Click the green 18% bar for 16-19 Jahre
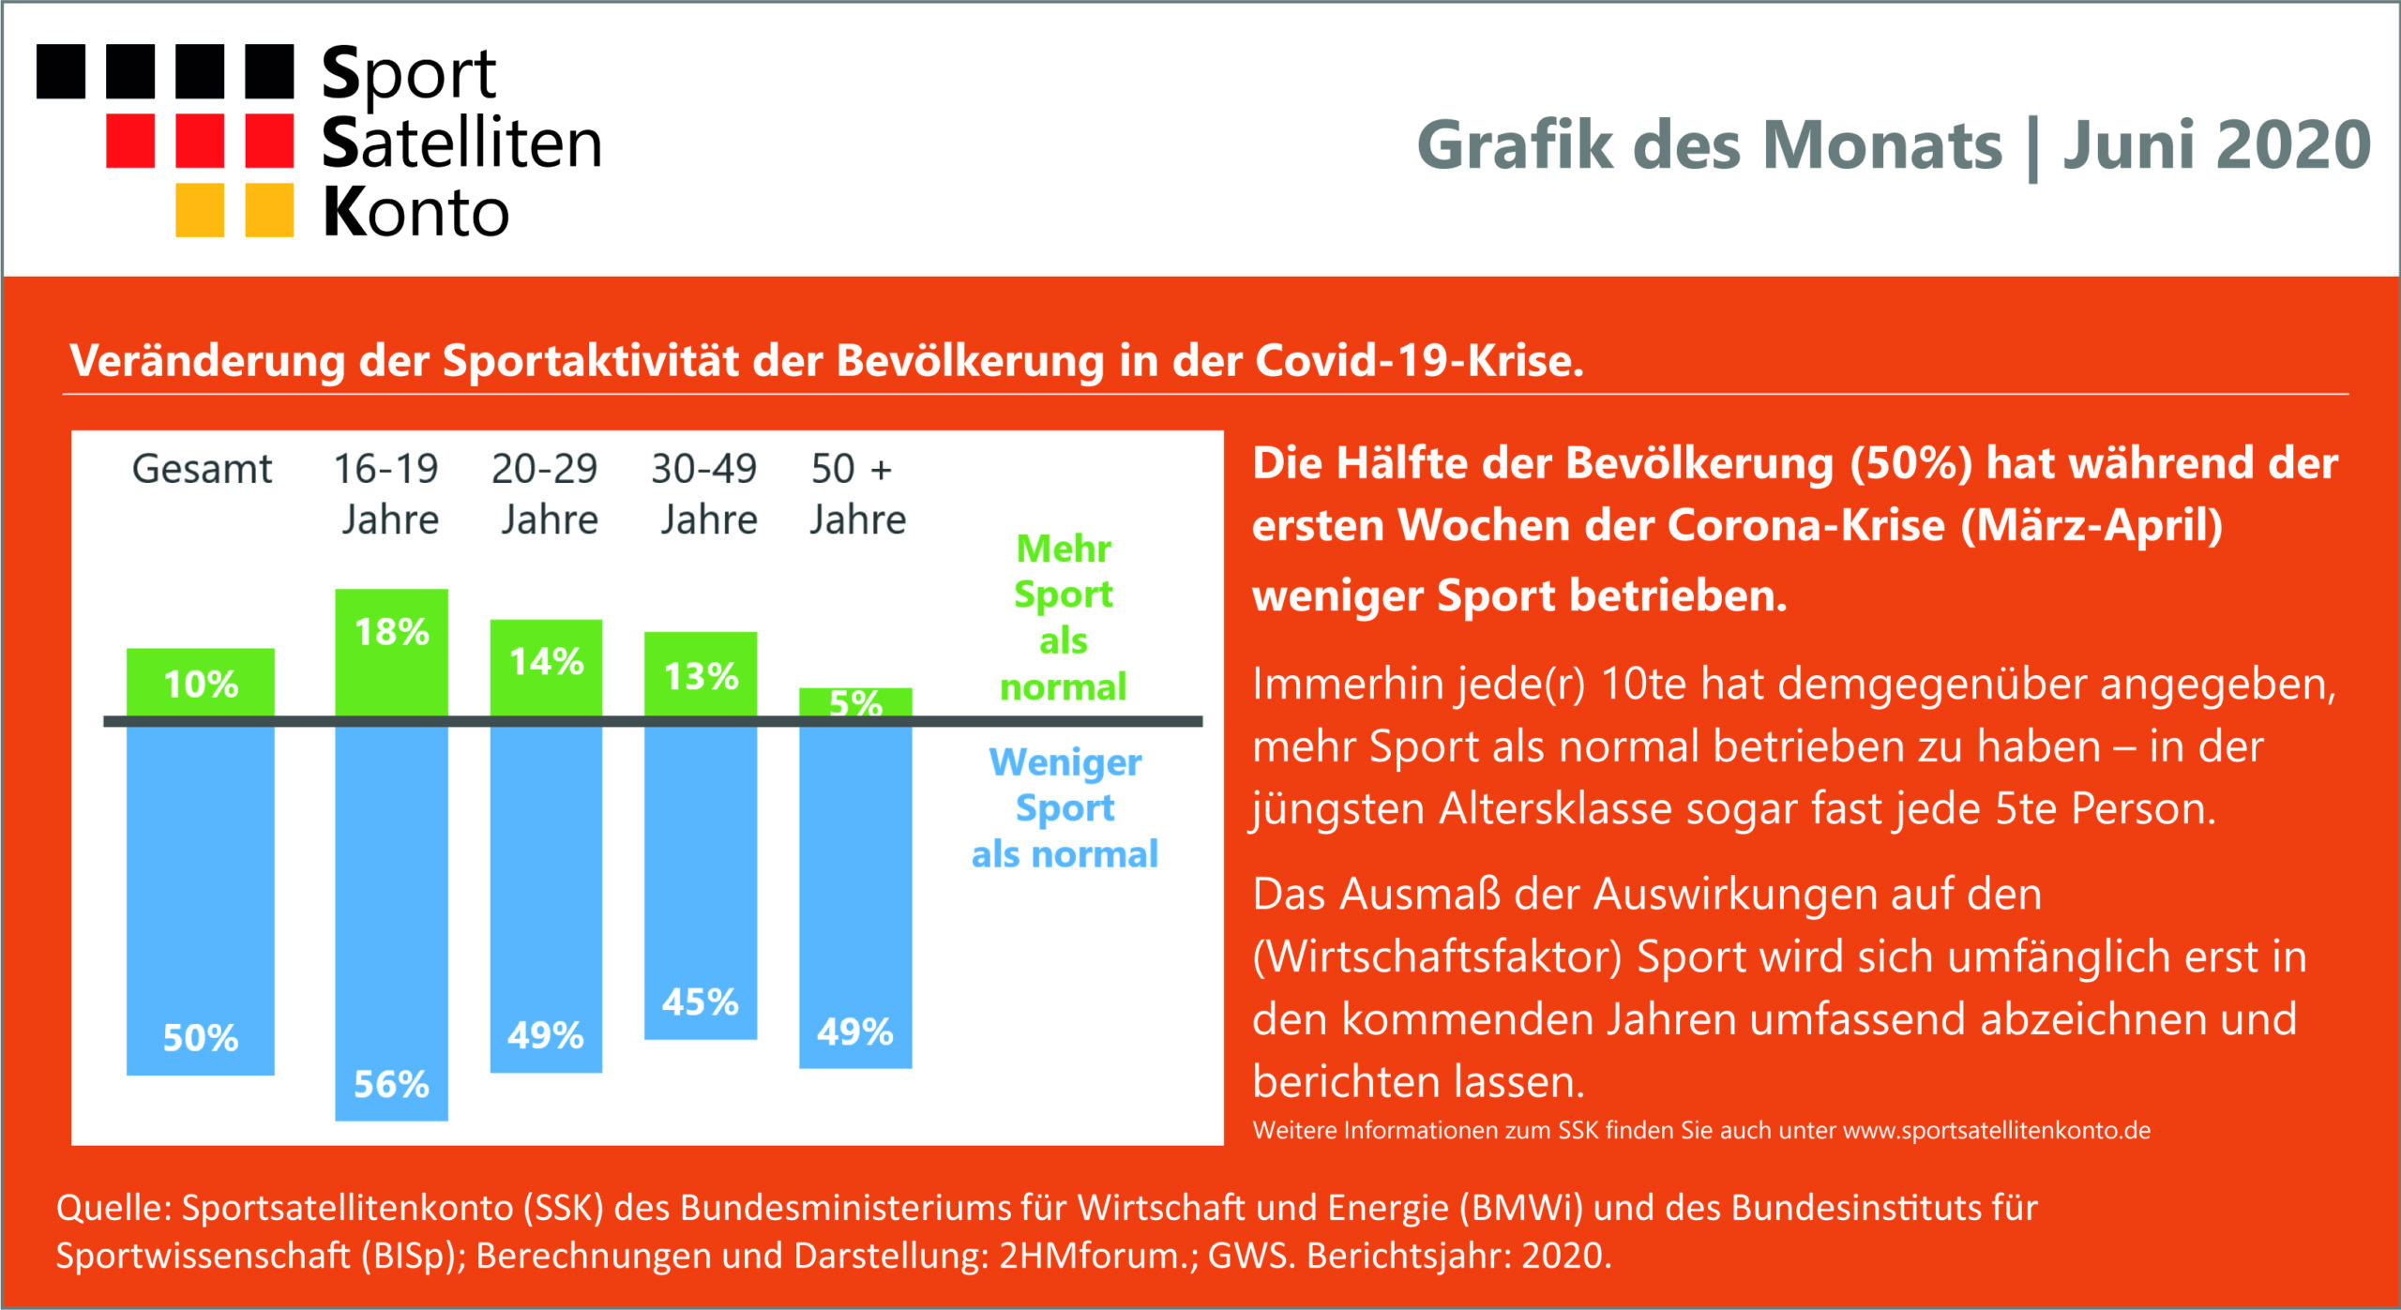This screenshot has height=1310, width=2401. click(391, 653)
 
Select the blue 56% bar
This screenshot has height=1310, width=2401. click(391, 923)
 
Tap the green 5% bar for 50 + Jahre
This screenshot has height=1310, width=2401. click(855, 702)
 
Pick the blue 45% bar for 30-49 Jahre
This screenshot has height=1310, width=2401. click(701, 882)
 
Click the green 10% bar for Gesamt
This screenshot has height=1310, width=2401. click(201, 683)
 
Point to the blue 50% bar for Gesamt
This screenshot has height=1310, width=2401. click(201, 900)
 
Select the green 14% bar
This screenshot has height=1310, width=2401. click(546, 668)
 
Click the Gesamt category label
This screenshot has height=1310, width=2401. click(202, 469)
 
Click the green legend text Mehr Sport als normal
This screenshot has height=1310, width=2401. click(1064, 617)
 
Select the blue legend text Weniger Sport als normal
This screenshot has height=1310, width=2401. click(1065, 807)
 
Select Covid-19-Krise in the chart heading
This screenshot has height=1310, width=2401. click(1420, 360)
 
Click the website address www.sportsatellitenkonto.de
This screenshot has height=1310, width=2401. click(1997, 1131)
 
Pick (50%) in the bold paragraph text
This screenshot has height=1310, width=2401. click(1911, 464)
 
